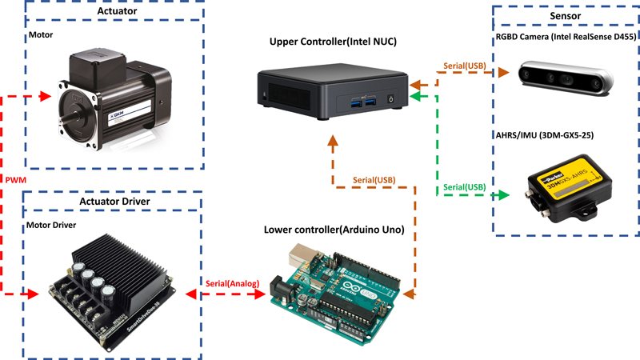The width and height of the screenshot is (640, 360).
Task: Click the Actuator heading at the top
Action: tap(115, 11)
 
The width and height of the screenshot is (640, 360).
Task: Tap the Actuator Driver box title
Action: tap(115, 202)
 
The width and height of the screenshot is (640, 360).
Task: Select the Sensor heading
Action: tap(565, 15)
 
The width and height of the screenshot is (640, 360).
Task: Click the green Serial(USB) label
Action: tap(464, 187)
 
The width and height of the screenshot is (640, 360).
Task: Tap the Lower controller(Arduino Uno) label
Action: tap(334, 230)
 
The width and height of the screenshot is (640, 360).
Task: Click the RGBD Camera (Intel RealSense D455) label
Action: tap(564, 36)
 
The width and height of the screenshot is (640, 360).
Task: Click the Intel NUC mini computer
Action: tap(330, 90)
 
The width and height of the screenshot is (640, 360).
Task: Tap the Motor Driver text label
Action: tap(52, 225)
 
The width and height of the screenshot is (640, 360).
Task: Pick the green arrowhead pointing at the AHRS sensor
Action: tap(503, 195)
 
